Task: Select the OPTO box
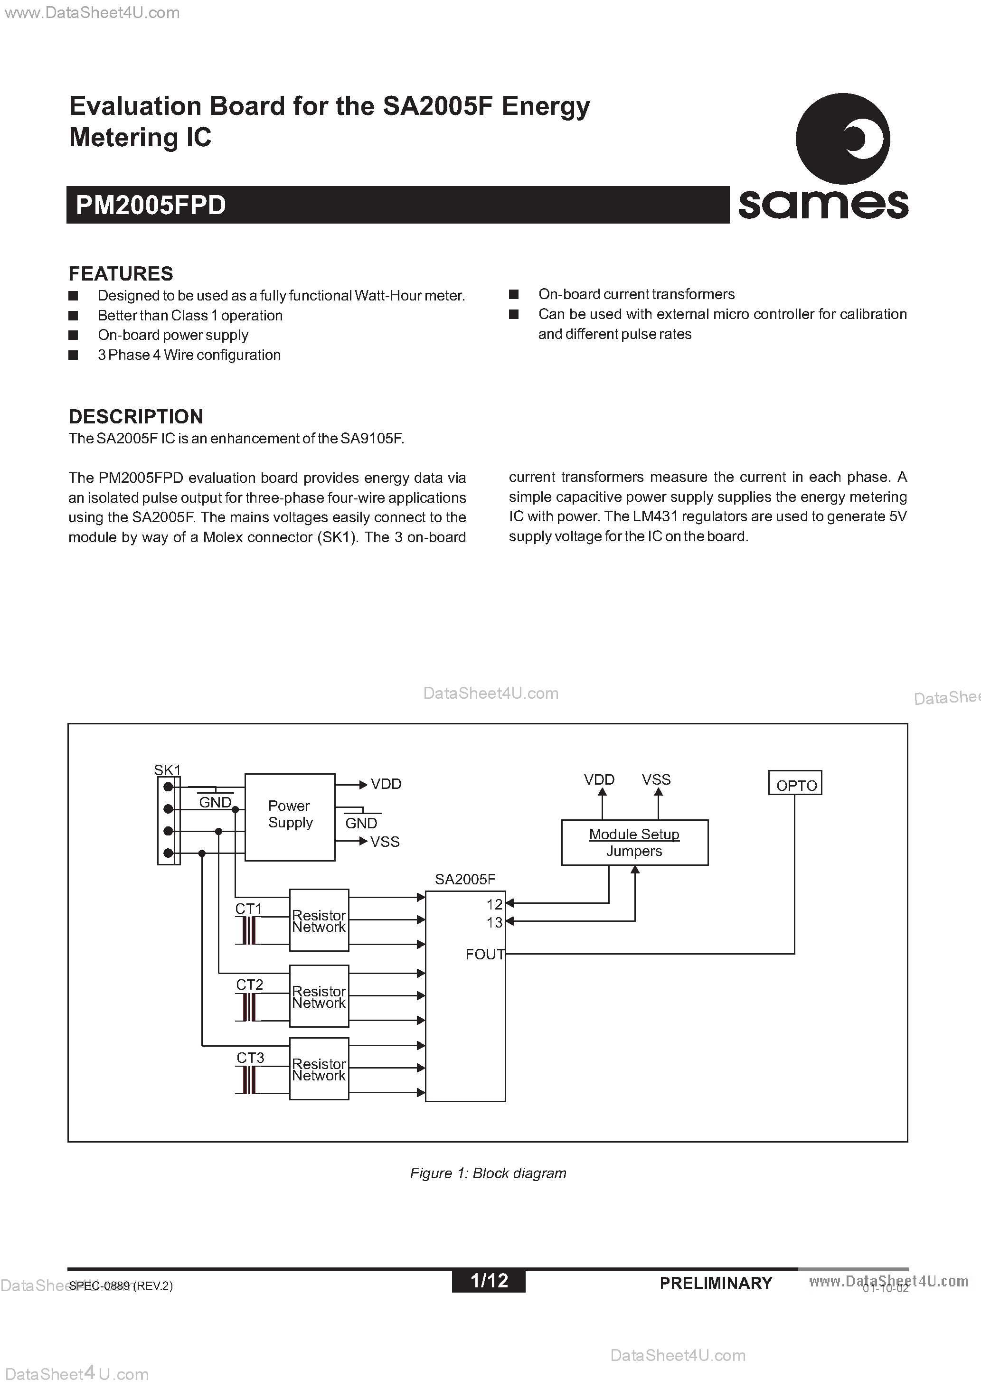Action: (795, 783)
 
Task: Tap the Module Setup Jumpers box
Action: (634, 842)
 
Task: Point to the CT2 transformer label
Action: (249, 985)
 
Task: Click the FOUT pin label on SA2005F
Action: (484, 954)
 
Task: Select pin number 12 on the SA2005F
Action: (494, 904)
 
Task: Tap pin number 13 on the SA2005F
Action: (494, 922)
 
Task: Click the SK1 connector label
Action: (167, 770)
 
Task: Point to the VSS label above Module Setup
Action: (656, 780)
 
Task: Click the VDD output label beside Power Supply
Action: (386, 784)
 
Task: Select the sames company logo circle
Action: (842, 139)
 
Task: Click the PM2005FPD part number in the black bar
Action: (151, 206)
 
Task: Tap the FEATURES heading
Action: (121, 274)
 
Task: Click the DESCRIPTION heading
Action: (136, 416)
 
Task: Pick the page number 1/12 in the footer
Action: (489, 1280)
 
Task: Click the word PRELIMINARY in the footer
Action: (716, 1283)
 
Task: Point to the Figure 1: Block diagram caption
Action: (488, 1173)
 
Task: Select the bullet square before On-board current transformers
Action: (514, 294)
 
